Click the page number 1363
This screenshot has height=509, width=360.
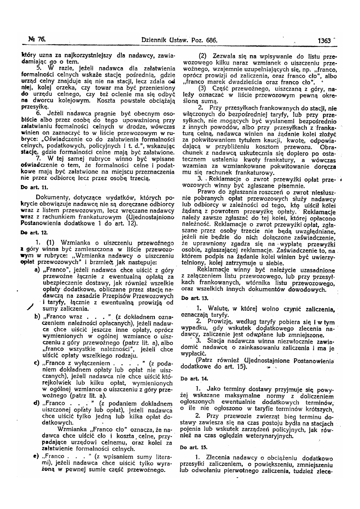pyautogui.click(x=324, y=40)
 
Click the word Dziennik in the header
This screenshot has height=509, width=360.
pyautogui.click(x=156, y=40)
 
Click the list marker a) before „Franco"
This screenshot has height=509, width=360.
pyautogui.click(x=37, y=270)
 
